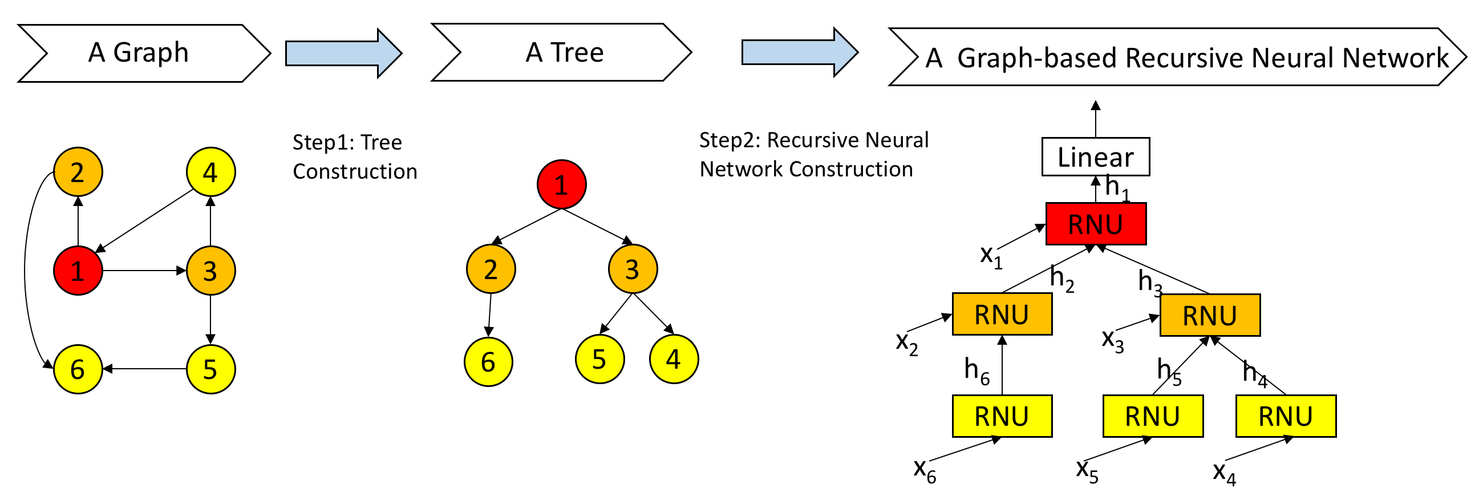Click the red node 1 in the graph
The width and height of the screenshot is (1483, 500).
[x=78, y=271]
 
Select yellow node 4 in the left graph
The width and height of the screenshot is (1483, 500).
[x=210, y=172]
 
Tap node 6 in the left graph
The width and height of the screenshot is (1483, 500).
[x=78, y=369]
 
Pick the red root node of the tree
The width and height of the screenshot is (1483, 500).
[x=561, y=184]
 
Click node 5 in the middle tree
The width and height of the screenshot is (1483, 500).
[x=600, y=359]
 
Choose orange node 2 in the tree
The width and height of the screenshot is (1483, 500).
[x=491, y=269]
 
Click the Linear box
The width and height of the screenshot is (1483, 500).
[x=1096, y=157]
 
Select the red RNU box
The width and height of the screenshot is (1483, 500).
[x=1096, y=224]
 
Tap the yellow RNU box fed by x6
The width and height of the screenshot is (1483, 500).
[x=1002, y=416]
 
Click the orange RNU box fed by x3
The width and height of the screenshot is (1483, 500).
[x=1210, y=315]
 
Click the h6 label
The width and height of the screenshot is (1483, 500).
[x=977, y=370]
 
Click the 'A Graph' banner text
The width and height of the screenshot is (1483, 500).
[x=138, y=53]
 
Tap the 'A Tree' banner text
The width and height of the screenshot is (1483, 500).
[x=565, y=53]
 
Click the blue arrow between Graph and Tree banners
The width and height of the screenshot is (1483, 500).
[x=344, y=53]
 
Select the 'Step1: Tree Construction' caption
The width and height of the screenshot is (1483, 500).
[x=355, y=157]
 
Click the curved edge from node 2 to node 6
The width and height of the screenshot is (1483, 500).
[x=25, y=271]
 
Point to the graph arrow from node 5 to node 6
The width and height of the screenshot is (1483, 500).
[x=144, y=369]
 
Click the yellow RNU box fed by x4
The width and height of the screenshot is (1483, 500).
[x=1286, y=416]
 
